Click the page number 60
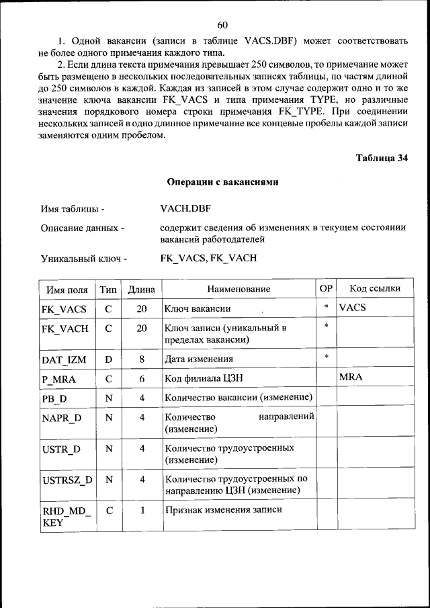[222, 26]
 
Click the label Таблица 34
[381, 159]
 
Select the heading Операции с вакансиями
[222, 182]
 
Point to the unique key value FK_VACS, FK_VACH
[209, 258]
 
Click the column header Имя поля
[67, 290]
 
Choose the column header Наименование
[239, 290]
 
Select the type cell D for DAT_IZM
[108, 359]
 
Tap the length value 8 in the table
[142, 359]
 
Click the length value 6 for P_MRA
[142, 379]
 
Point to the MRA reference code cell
[351, 378]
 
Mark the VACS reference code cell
[353, 308]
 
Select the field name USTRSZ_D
[67, 480]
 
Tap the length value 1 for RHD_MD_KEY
[142, 510]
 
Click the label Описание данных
[82, 229]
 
